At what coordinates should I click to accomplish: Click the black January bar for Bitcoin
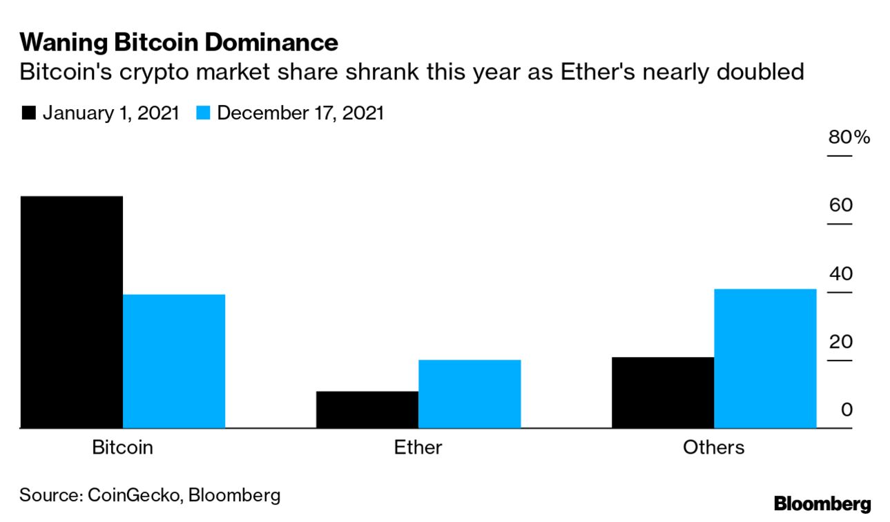[71, 312]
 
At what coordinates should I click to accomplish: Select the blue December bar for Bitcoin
[174, 361]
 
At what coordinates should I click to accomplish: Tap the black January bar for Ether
[367, 409]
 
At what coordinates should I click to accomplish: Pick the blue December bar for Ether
[470, 394]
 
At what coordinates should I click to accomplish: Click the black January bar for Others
[663, 392]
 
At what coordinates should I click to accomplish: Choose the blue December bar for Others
[765, 358]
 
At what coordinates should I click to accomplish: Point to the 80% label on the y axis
[849, 137]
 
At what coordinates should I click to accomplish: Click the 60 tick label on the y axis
[841, 205]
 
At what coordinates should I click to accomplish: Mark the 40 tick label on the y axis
[841, 273]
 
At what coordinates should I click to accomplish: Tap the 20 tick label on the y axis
[841, 342]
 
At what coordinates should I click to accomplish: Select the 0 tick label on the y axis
[847, 409]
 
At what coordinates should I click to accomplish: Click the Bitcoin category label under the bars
[122, 447]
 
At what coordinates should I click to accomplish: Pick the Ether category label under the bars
[418, 447]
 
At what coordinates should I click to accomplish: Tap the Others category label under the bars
[713, 447]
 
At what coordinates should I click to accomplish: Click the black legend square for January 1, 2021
[28, 113]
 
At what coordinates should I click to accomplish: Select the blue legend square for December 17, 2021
[202, 113]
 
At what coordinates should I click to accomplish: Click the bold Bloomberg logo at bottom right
[822, 503]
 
